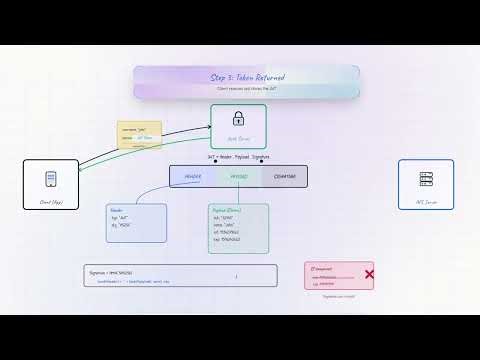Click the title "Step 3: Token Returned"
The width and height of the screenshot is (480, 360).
click(x=247, y=78)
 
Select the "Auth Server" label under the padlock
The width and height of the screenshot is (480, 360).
click(x=238, y=139)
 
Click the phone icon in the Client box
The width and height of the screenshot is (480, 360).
click(x=50, y=180)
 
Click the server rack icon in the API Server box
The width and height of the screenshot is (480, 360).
click(x=426, y=180)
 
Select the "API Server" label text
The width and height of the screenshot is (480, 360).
click(x=426, y=201)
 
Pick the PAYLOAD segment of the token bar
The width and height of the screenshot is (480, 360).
click(x=239, y=177)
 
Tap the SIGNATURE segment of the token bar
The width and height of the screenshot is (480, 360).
click(x=284, y=177)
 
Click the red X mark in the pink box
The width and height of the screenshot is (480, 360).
click(x=369, y=274)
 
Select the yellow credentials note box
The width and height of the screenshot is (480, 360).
click(x=139, y=135)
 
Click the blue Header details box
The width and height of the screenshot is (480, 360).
click(x=136, y=223)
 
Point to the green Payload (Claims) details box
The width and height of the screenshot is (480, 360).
click(x=238, y=228)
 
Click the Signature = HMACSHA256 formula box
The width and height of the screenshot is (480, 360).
click(x=180, y=275)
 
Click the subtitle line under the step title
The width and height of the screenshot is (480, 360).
click(x=246, y=90)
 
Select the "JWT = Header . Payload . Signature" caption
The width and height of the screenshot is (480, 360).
click(x=238, y=157)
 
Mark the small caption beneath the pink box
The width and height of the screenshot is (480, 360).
click(x=339, y=296)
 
